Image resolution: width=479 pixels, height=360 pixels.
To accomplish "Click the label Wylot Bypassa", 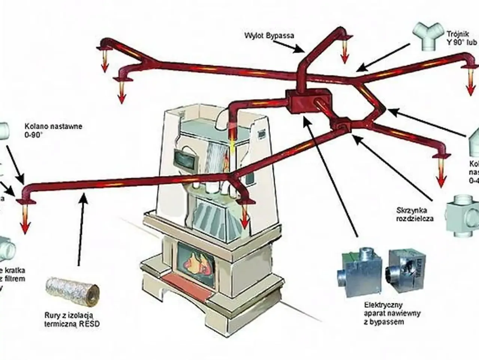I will point(269,36).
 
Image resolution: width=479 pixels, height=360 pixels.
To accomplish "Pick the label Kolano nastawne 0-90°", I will point(53,129).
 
